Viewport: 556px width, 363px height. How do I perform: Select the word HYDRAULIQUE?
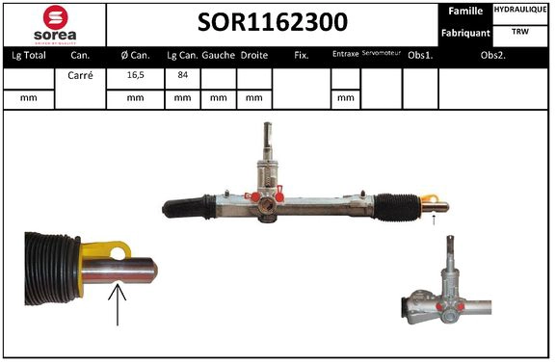point(521,10)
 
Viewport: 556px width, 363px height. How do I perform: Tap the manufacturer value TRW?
point(521,32)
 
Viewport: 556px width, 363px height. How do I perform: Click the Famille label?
point(467,11)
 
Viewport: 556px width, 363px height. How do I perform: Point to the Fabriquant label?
point(466,33)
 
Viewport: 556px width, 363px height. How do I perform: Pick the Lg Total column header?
point(26,55)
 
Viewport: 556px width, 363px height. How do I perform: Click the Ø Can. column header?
point(134,55)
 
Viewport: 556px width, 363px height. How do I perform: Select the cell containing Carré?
point(80,73)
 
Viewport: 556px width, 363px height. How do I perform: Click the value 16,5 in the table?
point(134,73)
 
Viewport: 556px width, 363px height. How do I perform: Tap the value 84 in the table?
point(182,73)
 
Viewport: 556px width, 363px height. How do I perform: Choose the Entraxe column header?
point(344,55)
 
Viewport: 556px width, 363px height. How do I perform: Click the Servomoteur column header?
point(381,55)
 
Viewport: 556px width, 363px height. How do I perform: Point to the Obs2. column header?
point(494,55)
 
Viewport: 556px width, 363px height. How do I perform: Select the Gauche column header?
point(219,55)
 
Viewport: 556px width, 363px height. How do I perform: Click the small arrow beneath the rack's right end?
point(434,220)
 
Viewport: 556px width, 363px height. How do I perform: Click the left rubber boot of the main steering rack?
point(190,206)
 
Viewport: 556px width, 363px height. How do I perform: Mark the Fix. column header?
point(301,55)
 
